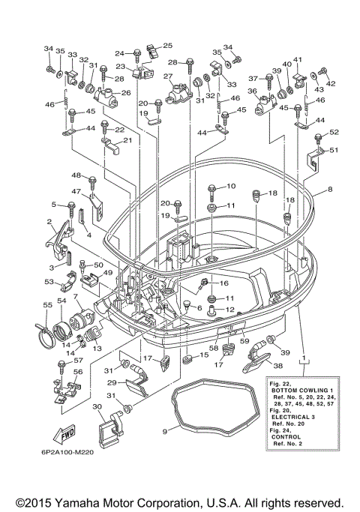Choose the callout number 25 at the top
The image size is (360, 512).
[x=167, y=46]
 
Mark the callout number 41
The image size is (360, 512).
[x=298, y=59]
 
